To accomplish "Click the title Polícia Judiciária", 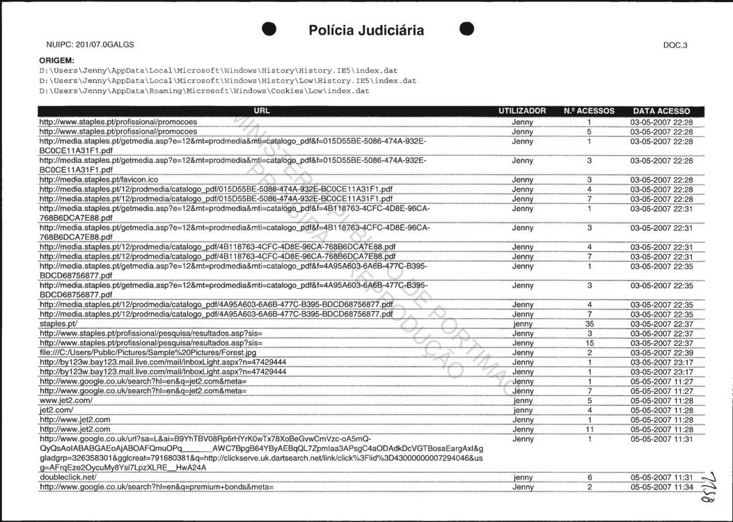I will point(365,30).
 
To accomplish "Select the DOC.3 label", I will point(675,45).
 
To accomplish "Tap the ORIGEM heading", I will point(56,61).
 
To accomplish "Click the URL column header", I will point(262,111).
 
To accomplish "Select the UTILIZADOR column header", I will point(522,111).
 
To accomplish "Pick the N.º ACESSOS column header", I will point(589,111).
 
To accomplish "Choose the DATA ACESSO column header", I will point(661,111).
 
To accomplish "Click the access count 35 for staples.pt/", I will point(589,324).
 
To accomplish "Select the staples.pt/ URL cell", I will point(58,324).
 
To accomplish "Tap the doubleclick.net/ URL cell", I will point(68,477).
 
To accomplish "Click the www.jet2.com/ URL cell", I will point(66,401).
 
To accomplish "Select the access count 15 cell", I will point(589,343).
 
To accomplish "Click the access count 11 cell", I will point(589,429).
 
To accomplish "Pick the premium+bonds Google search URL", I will point(157,487).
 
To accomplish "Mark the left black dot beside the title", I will point(271,29).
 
